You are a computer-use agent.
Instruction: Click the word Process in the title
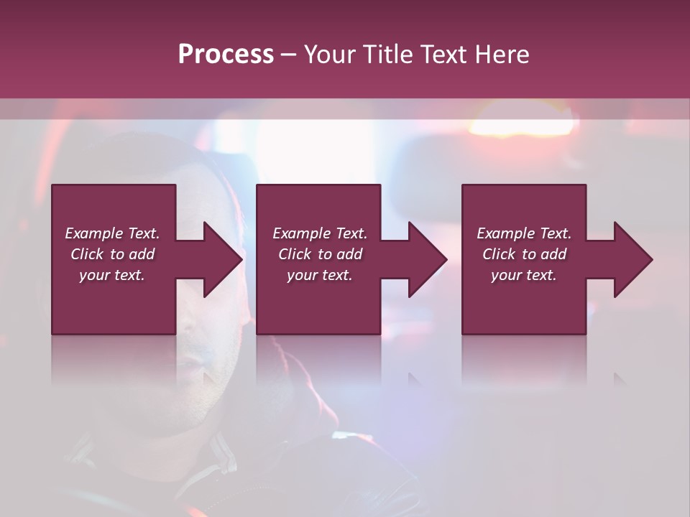226,55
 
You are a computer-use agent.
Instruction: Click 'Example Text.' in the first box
112,233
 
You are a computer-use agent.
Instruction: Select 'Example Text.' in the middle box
319,233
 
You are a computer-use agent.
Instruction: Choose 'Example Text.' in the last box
524,233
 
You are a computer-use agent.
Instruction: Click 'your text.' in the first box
112,275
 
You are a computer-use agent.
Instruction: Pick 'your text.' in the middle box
319,275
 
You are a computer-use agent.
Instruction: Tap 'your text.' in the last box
524,275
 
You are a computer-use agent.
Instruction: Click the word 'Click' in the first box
87,254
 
